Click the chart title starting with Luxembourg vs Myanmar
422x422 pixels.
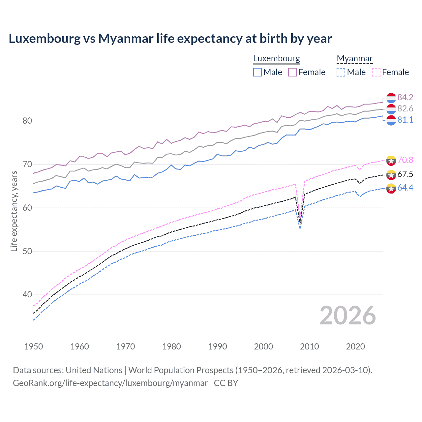pos(170,39)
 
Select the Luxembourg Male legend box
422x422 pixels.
pos(257,72)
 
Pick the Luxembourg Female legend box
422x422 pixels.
pos(292,72)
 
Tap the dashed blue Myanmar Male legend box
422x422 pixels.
pos(341,72)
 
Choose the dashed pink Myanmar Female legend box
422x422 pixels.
pos(376,72)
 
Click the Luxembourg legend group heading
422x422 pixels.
pos(277,59)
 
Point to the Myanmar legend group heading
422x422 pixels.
pos(355,59)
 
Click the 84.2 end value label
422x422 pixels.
pos(405,97)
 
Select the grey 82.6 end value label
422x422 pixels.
pos(405,108)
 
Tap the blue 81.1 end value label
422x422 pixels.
pos(405,120)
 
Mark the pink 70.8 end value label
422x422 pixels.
pos(405,160)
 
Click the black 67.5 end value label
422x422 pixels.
pos(405,174)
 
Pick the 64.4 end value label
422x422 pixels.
pos(405,188)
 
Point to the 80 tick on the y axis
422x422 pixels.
pos(27,121)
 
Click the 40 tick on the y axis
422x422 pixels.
pos(27,294)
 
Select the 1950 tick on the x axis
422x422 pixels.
pos(34,347)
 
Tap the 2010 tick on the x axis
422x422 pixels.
pos(309,347)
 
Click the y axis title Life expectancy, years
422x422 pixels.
pos(14,211)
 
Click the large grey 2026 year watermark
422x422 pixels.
pos(347,316)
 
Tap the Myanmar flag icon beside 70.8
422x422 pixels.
pos(391,160)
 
